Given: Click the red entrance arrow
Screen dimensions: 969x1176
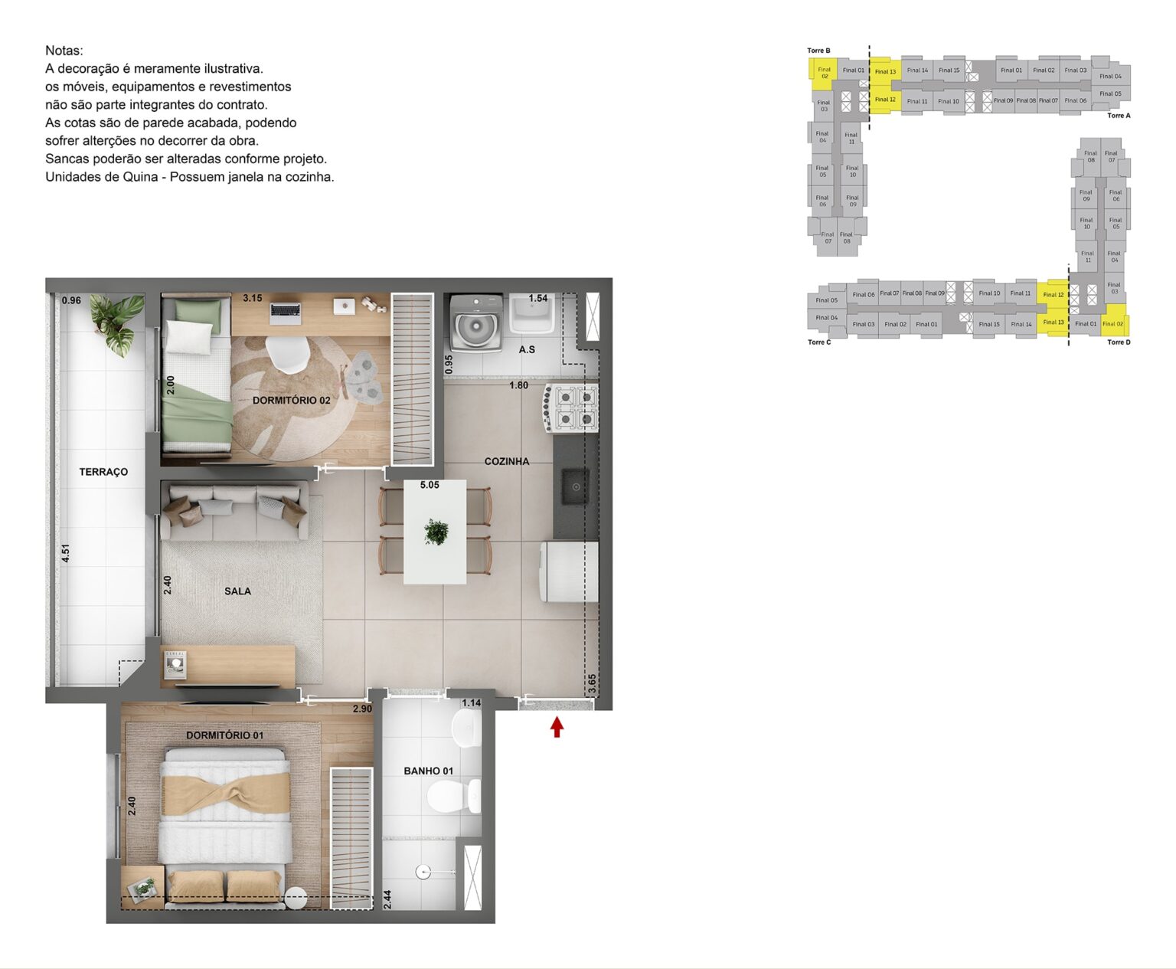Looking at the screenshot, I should (x=557, y=727).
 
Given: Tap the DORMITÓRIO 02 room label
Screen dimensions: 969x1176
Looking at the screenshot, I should (x=291, y=400).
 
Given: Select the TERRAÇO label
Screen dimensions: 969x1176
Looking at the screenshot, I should (x=103, y=472).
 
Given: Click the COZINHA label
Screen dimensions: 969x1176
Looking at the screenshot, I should (x=507, y=461).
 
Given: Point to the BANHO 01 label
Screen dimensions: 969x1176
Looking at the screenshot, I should (x=428, y=771).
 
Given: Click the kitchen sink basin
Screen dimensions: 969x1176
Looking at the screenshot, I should (x=575, y=486).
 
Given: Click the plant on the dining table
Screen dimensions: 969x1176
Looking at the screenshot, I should (x=436, y=531).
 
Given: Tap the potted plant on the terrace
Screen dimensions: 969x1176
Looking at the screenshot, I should (x=117, y=322).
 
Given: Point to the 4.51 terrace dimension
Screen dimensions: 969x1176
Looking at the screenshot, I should (x=66, y=553).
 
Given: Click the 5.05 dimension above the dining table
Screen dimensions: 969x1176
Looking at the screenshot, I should (x=430, y=485).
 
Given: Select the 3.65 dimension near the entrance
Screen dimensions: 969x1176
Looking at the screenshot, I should (x=593, y=683).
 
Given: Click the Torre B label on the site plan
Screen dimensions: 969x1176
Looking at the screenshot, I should (x=818, y=51).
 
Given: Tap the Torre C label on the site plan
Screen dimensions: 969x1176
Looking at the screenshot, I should (x=818, y=342).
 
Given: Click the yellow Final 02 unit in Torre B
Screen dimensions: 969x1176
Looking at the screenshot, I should (x=824, y=73).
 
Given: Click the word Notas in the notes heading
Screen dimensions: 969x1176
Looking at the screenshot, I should (x=64, y=51).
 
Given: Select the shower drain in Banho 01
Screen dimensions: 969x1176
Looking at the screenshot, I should (x=422, y=872).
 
